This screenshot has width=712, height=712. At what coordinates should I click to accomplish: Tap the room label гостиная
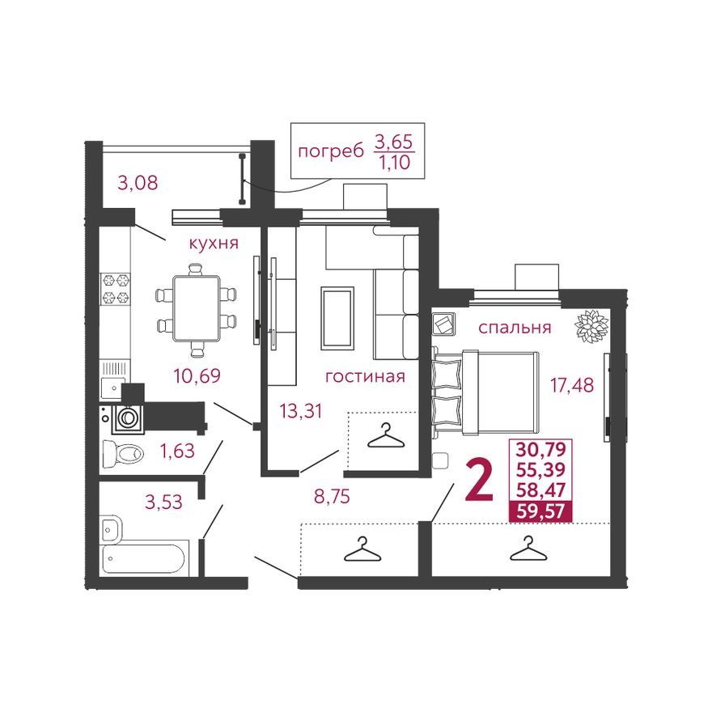[364, 376]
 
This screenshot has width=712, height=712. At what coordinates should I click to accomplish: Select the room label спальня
[515, 328]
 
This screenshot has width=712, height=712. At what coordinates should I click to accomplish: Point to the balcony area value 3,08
[138, 183]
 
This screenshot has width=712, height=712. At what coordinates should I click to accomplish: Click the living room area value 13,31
[301, 411]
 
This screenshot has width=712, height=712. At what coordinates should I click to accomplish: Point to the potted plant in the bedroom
[591, 326]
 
